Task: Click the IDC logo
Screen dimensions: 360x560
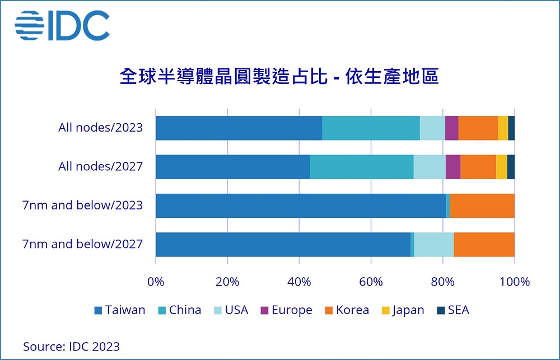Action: coord(62,25)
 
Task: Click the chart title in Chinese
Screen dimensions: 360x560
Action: coord(279,77)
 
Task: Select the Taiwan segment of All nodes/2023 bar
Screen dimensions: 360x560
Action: coord(239,128)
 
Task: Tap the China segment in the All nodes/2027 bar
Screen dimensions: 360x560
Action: coord(362,167)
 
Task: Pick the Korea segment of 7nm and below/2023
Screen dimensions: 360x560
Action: coord(482,205)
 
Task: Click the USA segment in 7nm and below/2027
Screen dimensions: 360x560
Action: coord(434,244)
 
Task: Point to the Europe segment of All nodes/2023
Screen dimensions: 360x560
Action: coord(451,128)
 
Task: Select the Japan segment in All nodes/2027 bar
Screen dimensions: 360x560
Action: coord(501,167)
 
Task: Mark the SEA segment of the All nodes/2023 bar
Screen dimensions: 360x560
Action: coord(511,128)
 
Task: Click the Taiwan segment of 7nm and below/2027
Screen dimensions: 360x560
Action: coord(283,244)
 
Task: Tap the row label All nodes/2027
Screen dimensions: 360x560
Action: coord(101,166)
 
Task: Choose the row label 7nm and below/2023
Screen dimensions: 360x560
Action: coord(82,205)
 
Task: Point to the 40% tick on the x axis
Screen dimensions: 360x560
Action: coord(299,281)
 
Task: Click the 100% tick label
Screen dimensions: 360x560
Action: coord(515,281)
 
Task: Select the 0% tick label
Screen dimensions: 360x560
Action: coord(156,281)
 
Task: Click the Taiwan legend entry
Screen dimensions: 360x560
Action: coord(120,310)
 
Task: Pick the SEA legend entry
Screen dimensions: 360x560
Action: coord(452,310)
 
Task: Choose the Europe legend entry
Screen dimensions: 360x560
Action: coord(286,310)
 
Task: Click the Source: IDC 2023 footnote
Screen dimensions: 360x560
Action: coord(71,347)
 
